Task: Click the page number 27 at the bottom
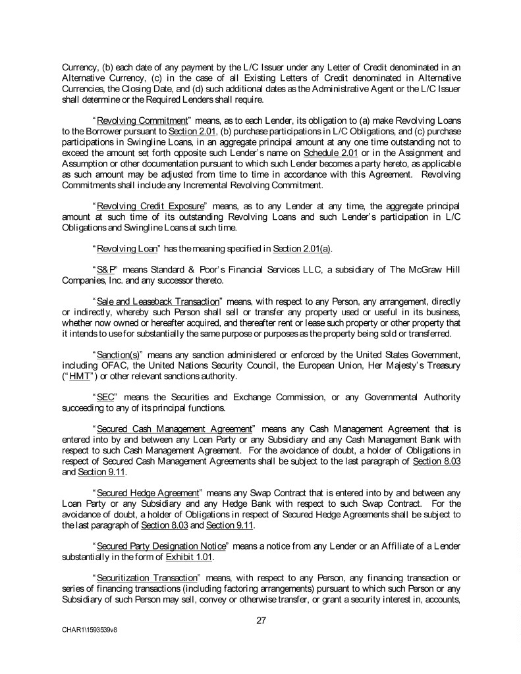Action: tap(261, 619)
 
